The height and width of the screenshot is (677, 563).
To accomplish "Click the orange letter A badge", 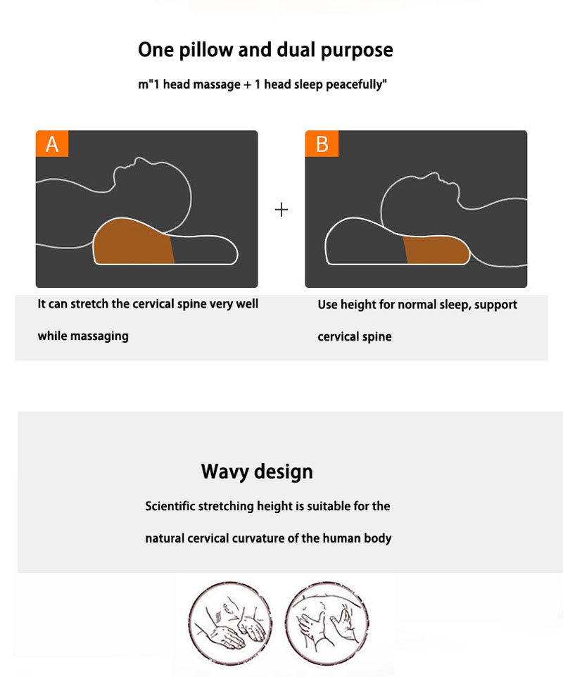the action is point(52,144).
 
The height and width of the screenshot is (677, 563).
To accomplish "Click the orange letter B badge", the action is point(322,144).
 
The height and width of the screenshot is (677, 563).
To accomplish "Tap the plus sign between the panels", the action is point(281,210).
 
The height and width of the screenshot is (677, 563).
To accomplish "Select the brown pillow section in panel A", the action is point(132,242).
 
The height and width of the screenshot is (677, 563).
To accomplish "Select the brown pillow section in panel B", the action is point(437,250).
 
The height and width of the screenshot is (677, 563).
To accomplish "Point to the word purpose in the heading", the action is point(357,51).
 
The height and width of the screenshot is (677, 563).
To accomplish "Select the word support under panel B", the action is point(495,305).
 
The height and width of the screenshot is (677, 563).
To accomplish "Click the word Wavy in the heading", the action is point(225,472).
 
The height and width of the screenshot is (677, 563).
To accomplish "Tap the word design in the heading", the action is point(284,472).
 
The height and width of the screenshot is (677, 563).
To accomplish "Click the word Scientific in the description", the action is point(170,506).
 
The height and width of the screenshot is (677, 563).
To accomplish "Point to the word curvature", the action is point(258,538).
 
